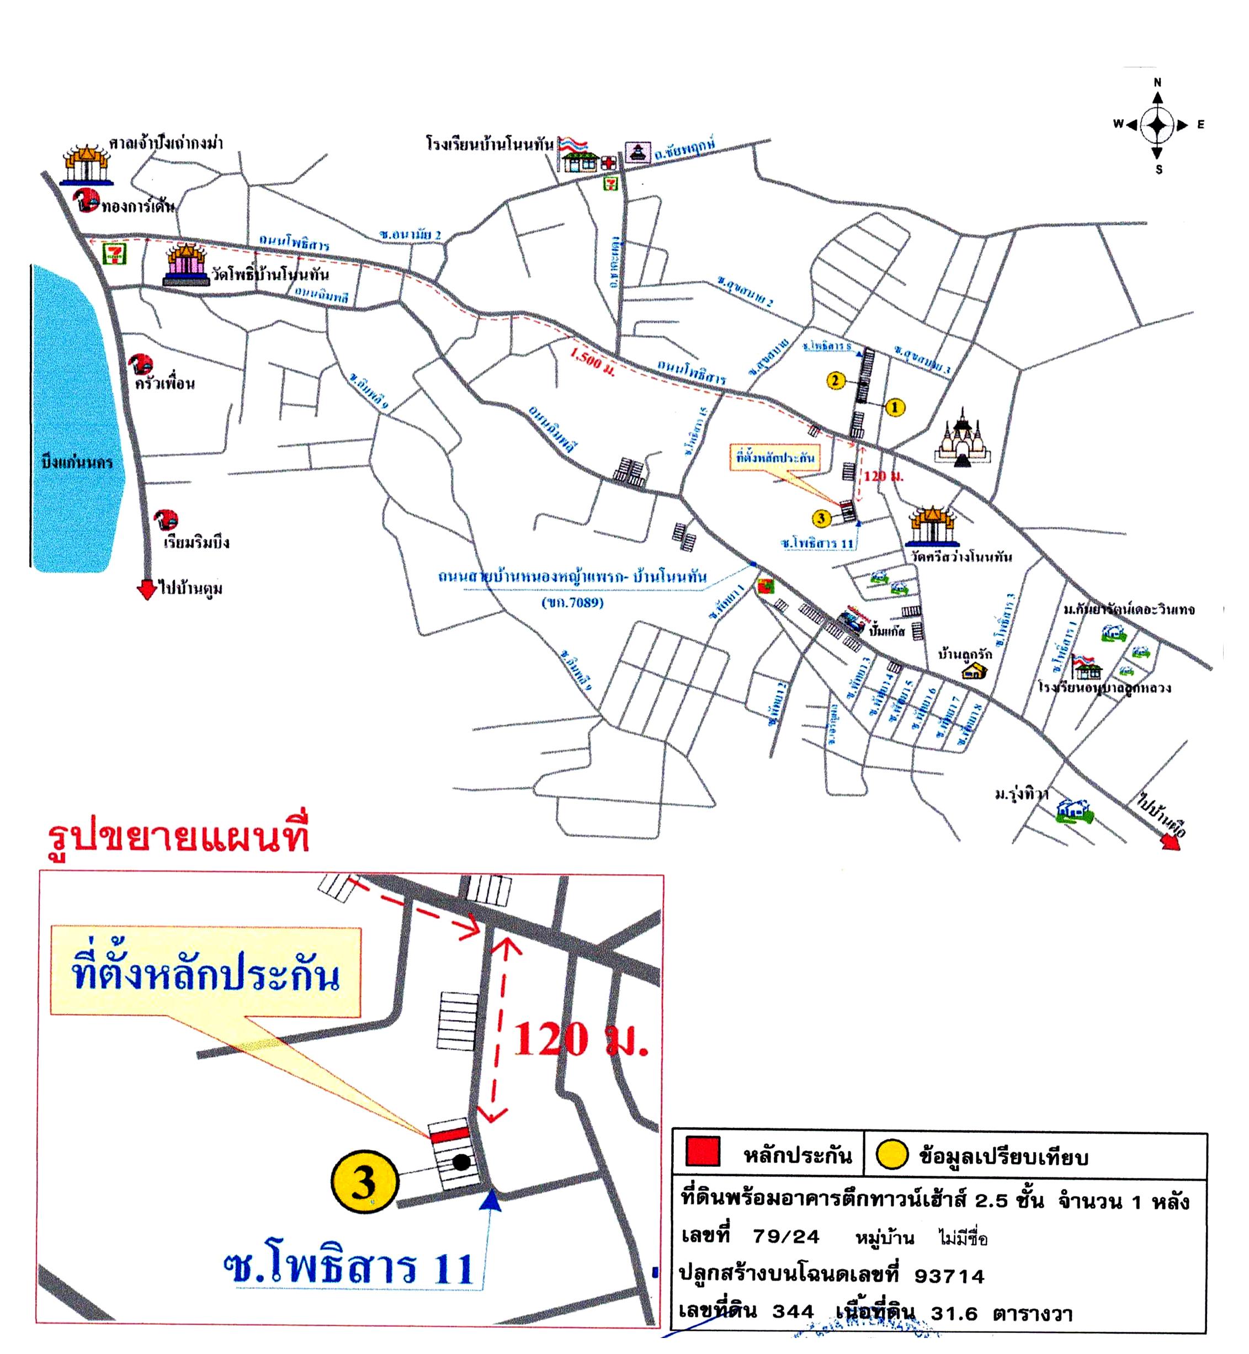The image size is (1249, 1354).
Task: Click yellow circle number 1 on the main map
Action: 895,407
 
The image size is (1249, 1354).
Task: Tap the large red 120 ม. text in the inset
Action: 580,1040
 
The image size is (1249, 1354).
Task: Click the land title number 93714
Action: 949,1276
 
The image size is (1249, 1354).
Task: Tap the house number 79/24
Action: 786,1237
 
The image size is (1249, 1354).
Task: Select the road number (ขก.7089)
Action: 572,602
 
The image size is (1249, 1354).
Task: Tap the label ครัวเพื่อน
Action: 165,383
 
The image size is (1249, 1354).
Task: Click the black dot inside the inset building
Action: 461,1162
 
